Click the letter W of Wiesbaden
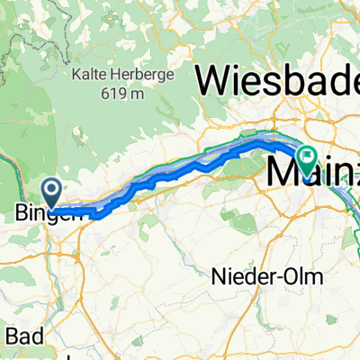212,82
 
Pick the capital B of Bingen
22,214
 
